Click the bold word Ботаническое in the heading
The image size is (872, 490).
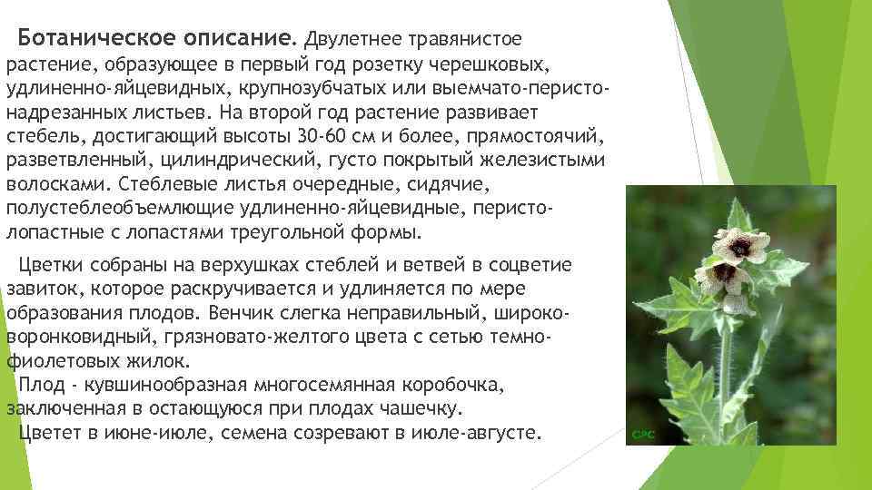point(80,39)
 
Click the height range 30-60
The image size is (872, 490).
point(321,138)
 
